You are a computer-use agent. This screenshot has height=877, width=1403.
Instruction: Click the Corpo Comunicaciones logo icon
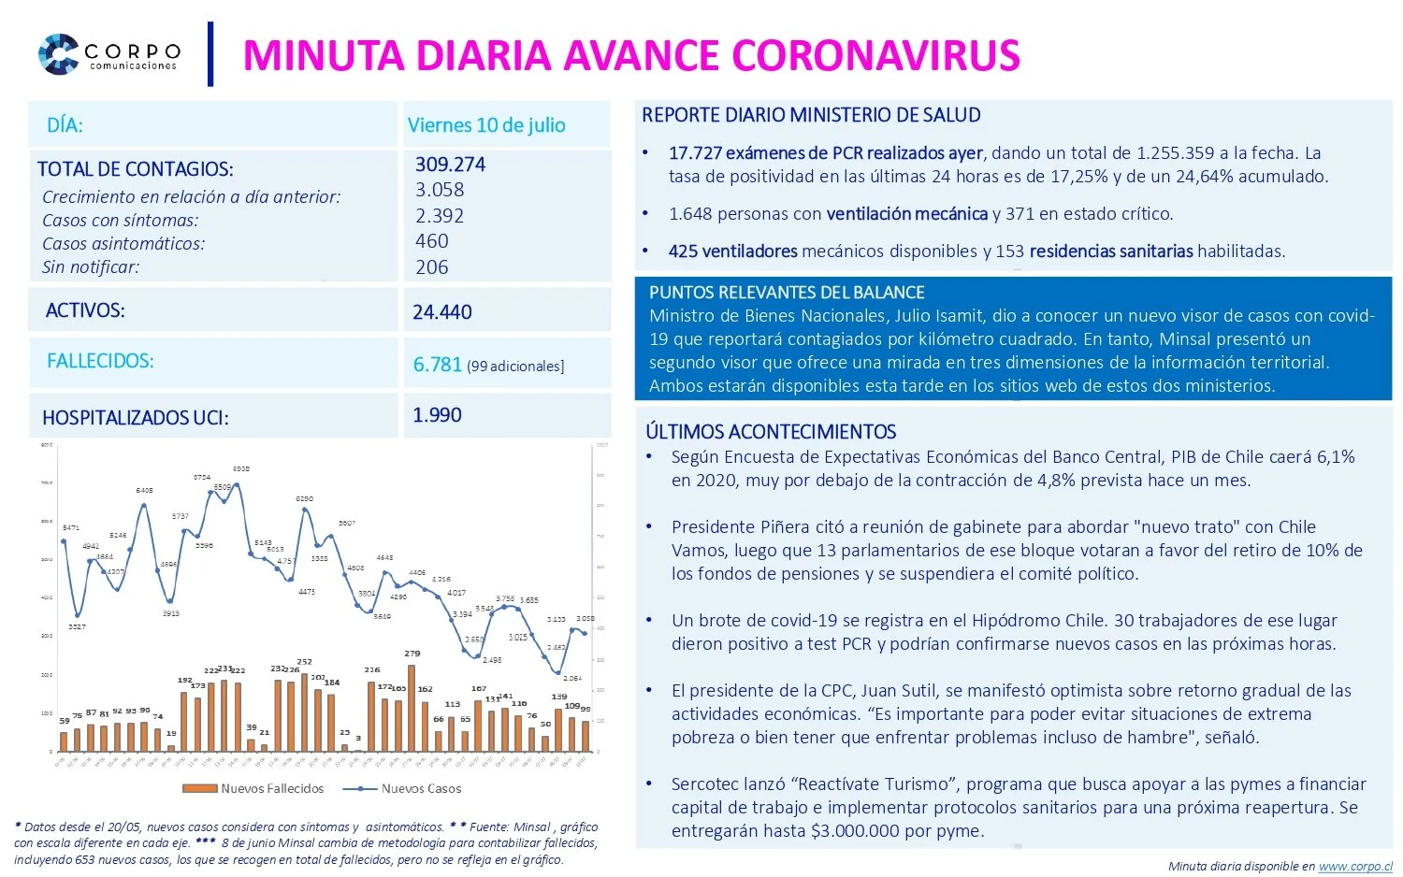pos(58,53)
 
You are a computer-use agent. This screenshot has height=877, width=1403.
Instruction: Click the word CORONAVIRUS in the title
pos(875,55)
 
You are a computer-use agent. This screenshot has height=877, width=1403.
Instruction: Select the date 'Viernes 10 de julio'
pos(486,125)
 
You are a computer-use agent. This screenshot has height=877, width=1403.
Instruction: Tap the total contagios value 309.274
pos(450,165)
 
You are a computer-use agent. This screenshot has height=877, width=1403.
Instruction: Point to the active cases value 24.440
pos(442,312)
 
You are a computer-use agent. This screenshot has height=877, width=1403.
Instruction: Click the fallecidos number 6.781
pos(438,365)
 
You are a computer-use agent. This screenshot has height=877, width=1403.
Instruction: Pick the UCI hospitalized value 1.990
pos(438,415)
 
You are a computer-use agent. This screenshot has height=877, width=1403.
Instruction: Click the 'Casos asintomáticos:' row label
pos(123,243)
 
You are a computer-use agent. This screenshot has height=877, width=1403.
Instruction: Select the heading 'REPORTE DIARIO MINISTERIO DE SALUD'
pos(811,115)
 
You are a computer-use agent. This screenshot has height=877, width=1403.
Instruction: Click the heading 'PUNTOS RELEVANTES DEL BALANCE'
pos(787,293)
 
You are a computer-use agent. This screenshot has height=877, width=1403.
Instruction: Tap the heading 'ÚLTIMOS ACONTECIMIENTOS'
pos(771,432)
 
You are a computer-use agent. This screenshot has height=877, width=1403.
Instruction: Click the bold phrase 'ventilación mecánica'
pos(906,214)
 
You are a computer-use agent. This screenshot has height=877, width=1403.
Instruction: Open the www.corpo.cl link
pos(1355,867)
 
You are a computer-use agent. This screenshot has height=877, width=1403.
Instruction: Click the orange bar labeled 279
pos(412,707)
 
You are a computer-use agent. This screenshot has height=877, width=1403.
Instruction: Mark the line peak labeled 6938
pos(238,484)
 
